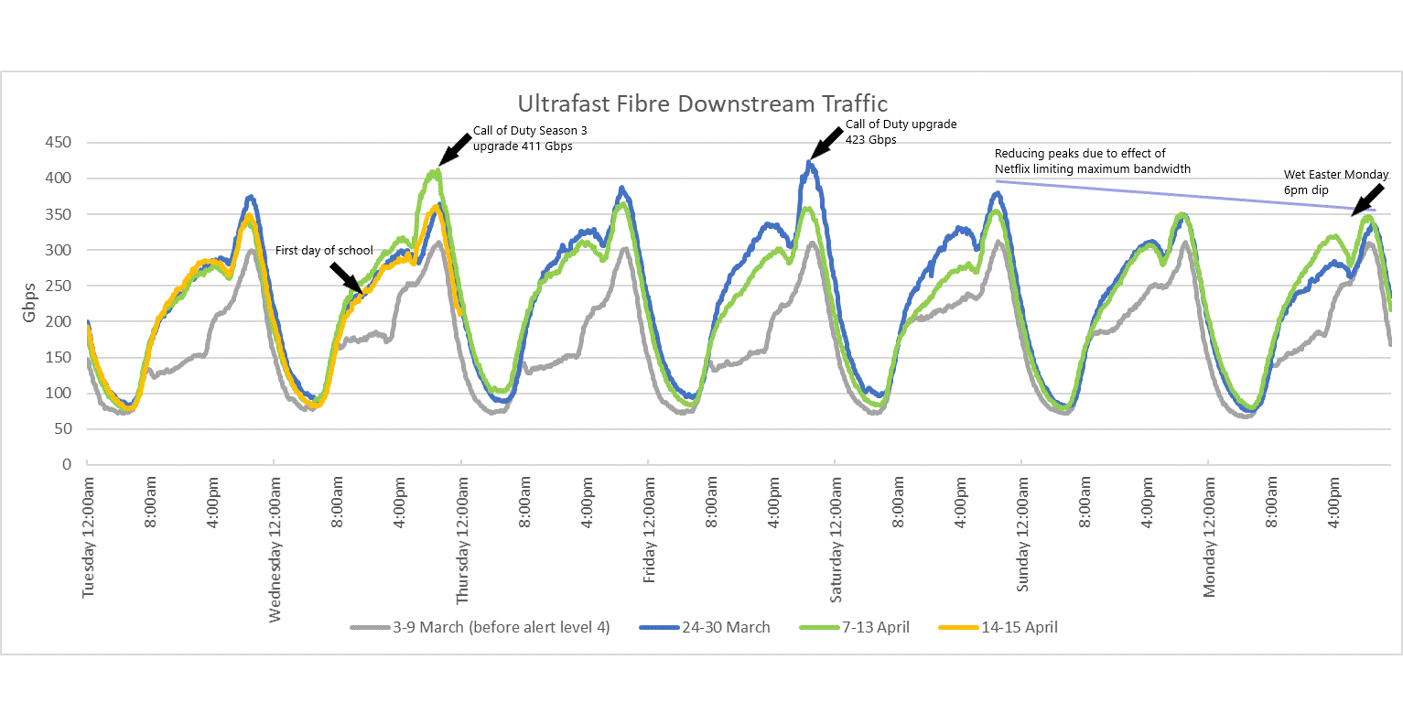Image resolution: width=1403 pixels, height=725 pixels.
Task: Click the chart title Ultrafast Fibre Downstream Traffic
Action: tap(702, 103)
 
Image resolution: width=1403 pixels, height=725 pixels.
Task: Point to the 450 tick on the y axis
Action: tap(59, 143)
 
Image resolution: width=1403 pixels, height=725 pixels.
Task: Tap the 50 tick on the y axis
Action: tap(62, 429)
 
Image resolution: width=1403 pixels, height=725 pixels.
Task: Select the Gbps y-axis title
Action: tap(29, 302)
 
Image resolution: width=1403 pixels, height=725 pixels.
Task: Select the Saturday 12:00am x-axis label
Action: tap(836, 541)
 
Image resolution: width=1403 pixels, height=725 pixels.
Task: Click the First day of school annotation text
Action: tap(324, 251)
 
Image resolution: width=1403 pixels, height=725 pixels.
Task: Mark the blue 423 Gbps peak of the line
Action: tap(808, 163)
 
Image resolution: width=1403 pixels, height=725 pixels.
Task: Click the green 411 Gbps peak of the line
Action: tap(438, 169)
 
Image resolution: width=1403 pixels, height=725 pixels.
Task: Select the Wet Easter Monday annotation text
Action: tap(1335, 175)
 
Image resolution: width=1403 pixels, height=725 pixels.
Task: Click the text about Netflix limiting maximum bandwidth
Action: tap(1092, 161)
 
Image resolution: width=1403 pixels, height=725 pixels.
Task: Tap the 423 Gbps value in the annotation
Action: tap(870, 140)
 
